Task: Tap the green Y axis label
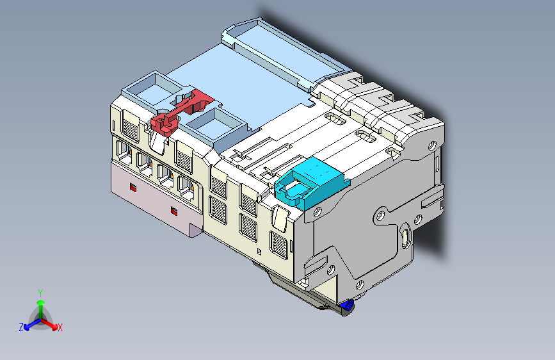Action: tap(40, 292)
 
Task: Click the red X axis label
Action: tap(60, 327)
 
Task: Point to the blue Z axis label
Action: tap(21, 327)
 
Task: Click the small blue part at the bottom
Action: tap(348, 306)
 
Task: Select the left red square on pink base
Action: tap(133, 188)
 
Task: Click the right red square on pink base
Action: tap(173, 211)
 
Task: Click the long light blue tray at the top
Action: tap(282, 51)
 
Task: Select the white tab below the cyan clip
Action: tap(279, 218)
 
